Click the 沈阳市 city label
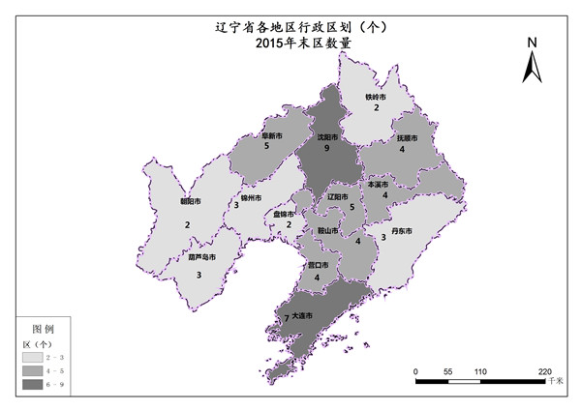329,137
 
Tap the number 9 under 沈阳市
328,150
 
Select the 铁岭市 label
376,97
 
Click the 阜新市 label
272,135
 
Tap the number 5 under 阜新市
266,147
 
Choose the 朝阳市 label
191,201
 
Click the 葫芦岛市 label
199,258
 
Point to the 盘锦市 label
285,214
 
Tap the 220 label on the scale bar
544,371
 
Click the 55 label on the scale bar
447,371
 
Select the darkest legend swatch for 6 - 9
37,385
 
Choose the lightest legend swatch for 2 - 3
37,358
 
